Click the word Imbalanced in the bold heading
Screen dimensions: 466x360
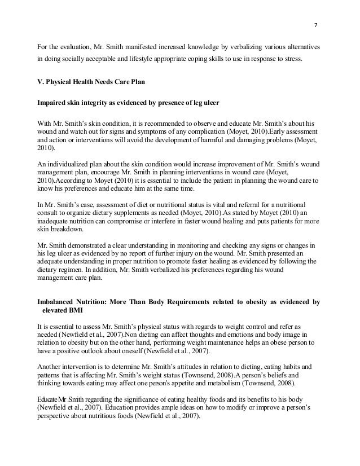59,302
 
